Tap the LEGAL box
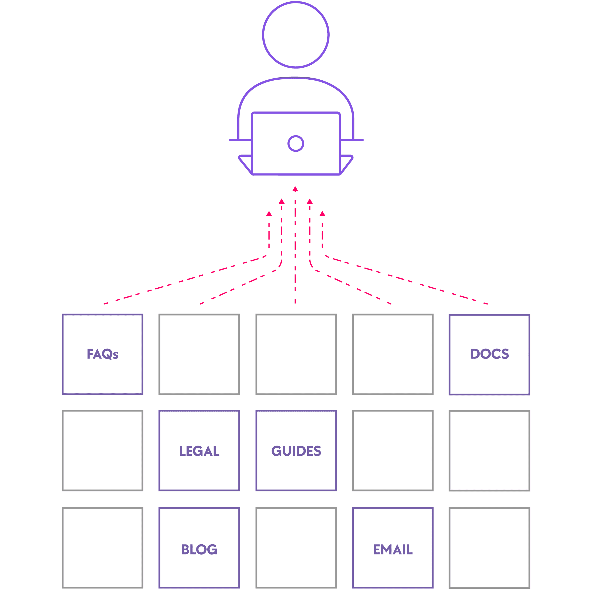point(199,451)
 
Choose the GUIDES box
point(296,451)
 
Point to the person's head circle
point(295,35)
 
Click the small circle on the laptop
point(295,143)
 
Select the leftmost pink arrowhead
point(269,214)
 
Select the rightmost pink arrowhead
point(322,214)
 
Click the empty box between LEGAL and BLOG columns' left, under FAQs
point(103,451)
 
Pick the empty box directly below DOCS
point(489,451)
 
